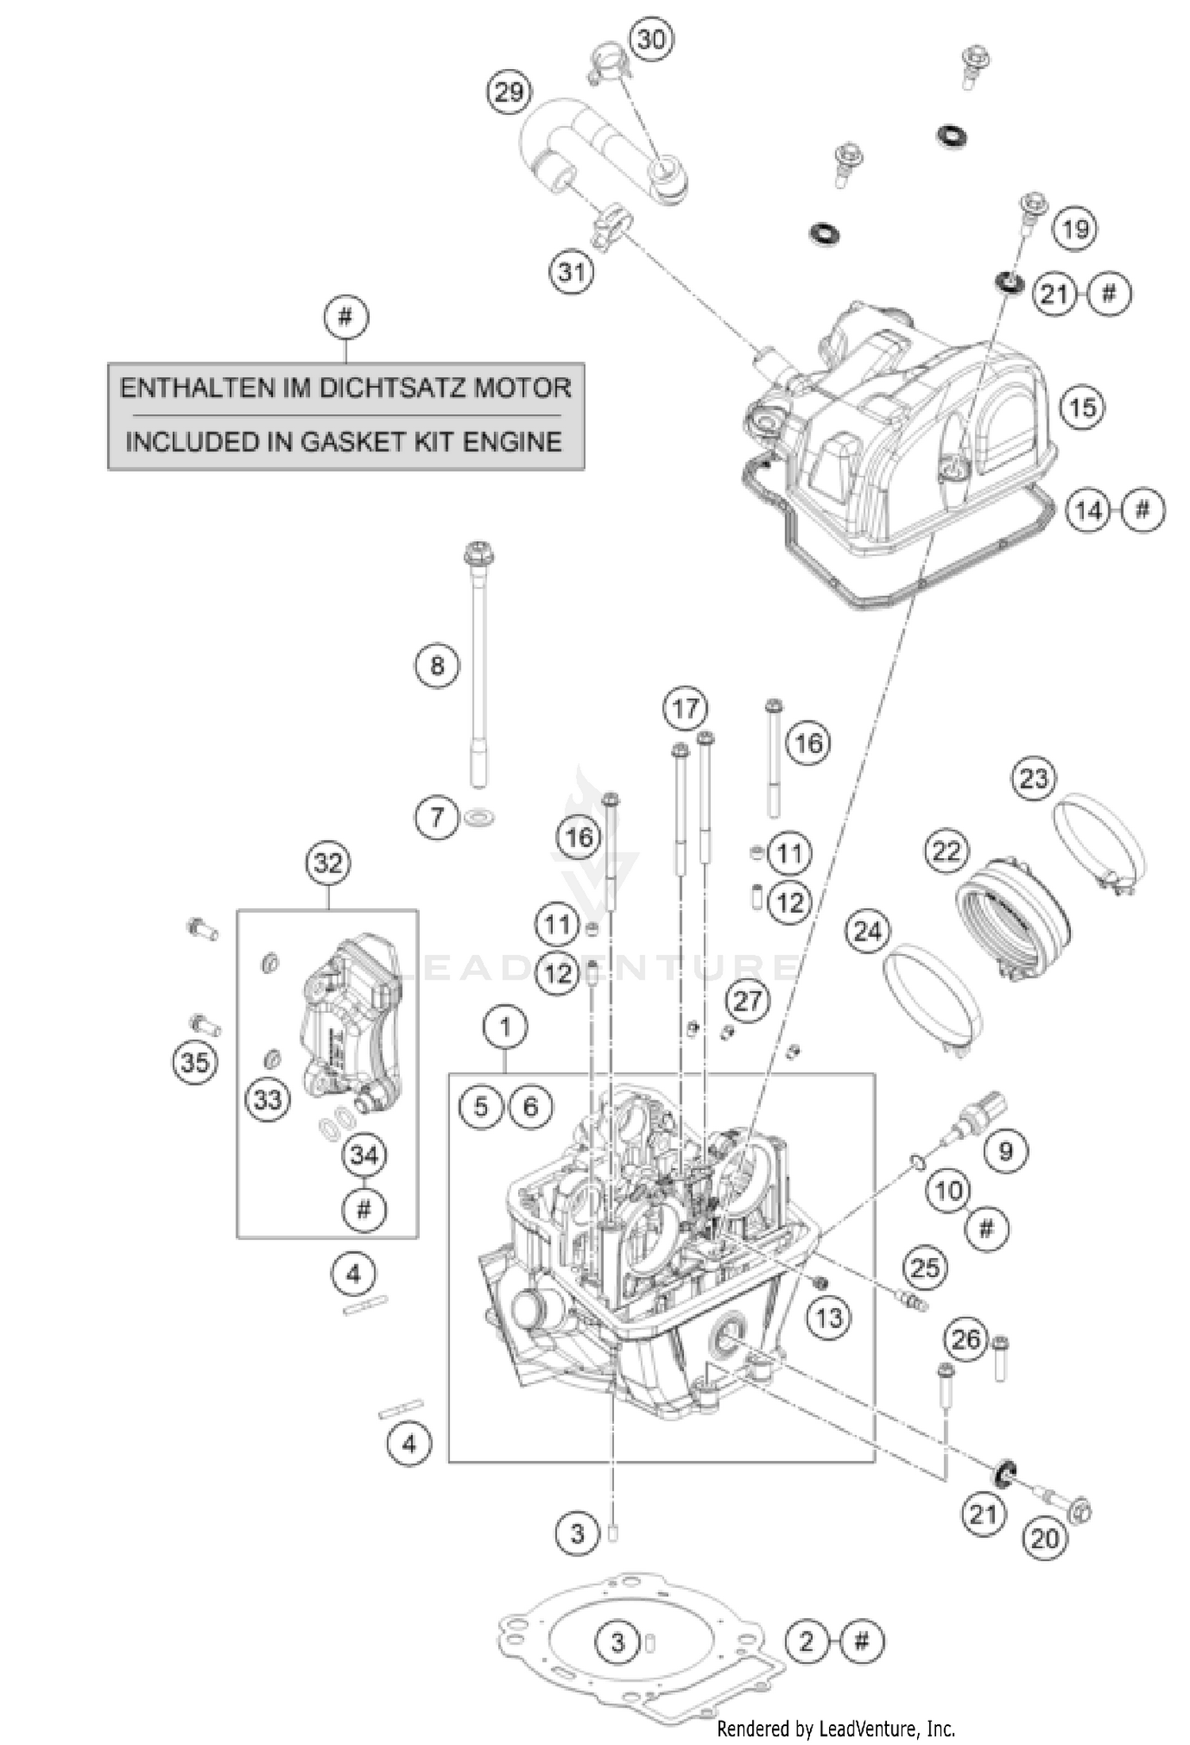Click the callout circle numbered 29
click(509, 92)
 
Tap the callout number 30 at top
click(651, 39)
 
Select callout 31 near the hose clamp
click(571, 272)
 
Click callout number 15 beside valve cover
click(1083, 408)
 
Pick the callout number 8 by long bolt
click(437, 665)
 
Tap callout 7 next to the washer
click(437, 816)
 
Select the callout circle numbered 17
click(685, 708)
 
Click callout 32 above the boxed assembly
click(328, 862)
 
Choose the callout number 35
click(194, 1061)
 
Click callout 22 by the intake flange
click(946, 852)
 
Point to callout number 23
click(1033, 778)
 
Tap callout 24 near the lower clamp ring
click(866, 930)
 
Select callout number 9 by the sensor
click(1005, 1150)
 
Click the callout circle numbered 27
click(747, 1002)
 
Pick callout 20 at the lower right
click(1045, 1538)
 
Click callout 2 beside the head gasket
click(807, 1640)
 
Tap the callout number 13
click(828, 1318)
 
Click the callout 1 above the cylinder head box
click(505, 1028)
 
